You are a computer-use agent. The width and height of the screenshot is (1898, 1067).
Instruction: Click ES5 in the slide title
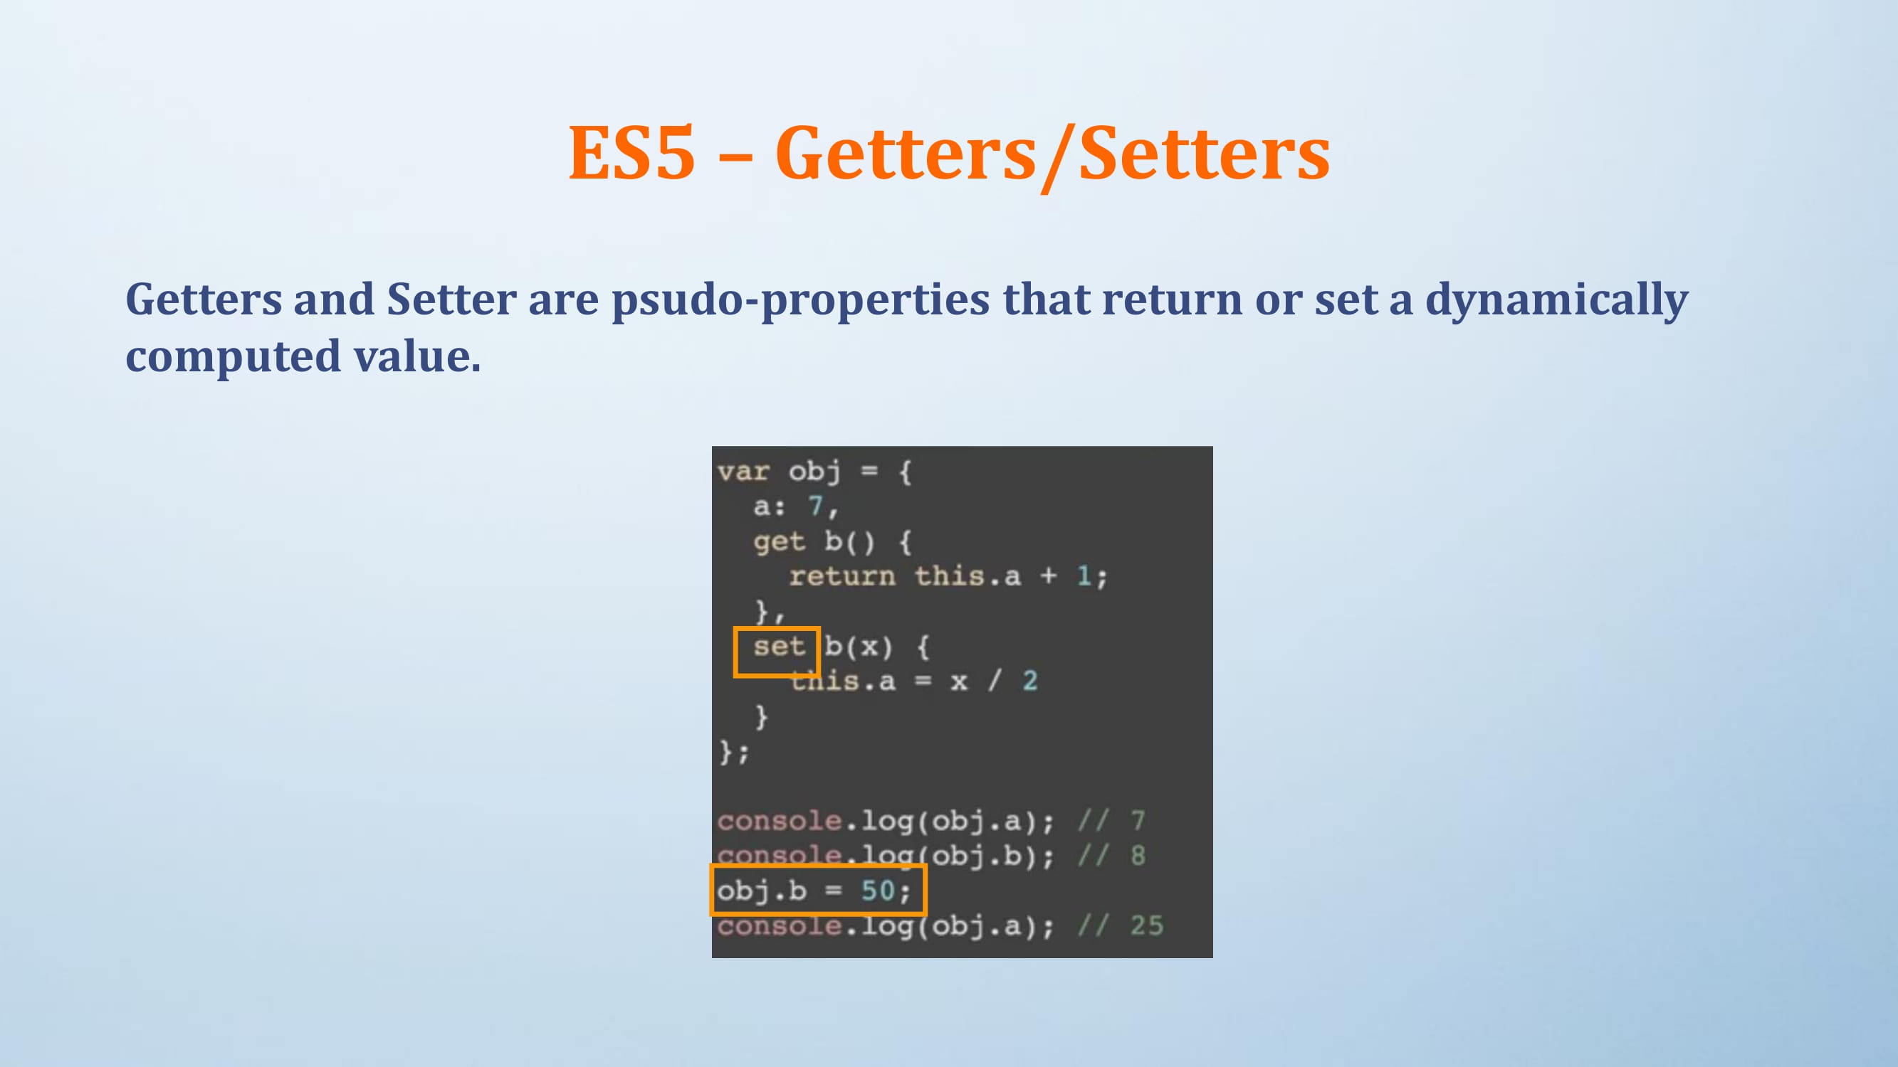pyautogui.click(x=631, y=152)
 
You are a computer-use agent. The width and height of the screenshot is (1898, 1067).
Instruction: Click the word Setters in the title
pyautogui.click(x=1204, y=152)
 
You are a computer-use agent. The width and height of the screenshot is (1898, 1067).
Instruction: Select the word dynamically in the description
pyautogui.click(x=1556, y=302)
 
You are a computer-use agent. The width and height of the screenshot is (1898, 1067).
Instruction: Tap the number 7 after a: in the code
pyautogui.click(x=815, y=505)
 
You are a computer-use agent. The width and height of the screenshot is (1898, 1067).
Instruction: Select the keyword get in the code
pyautogui.click(x=779, y=541)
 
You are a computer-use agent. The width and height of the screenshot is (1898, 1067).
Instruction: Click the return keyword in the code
pyautogui.click(x=842, y=576)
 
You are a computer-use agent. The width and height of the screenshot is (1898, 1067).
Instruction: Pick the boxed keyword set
pyautogui.click(x=779, y=647)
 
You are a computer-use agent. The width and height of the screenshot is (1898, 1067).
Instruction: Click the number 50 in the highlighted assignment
pyautogui.click(x=878, y=891)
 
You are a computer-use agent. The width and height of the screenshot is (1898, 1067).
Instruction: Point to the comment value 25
pyautogui.click(x=1146, y=925)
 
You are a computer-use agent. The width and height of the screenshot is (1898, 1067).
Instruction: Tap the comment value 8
pyautogui.click(x=1138, y=856)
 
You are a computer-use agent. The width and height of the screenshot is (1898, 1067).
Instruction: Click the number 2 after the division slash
pyautogui.click(x=1030, y=681)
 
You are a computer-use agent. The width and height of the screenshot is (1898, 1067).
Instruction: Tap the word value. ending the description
pyautogui.click(x=417, y=356)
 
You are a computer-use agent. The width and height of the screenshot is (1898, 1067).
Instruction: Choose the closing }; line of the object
pyautogui.click(x=734, y=752)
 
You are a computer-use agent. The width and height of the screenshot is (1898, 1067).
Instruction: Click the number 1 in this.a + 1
pyautogui.click(x=1084, y=576)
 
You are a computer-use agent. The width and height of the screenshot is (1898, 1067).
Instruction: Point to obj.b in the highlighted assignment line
pyautogui.click(x=762, y=891)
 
